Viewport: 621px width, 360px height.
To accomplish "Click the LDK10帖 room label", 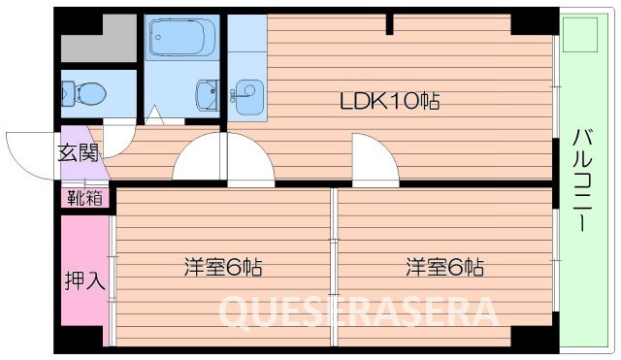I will coord(390,100).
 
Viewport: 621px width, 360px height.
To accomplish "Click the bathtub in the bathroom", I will coord(181,39).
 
